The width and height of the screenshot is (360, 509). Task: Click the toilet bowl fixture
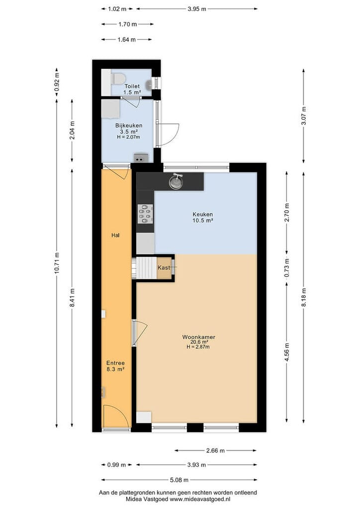pyautogui.click(x=118, y=78)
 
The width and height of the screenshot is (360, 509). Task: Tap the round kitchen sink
pyautogui.click(x=176, y=182)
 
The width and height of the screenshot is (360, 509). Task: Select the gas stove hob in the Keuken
pyautogui.click(x=145, y=214)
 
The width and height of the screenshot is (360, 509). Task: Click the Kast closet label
pyautogui.click(x=164, y=268)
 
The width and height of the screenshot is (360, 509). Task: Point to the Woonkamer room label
pyautogui.click(x=199, y=337)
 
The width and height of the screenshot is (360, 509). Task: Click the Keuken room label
pyautogui.click(x=202, y=214)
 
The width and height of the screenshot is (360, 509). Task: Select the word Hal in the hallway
pyautogui.click(x=115, y=235)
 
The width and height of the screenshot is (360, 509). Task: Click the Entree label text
pyautogui.click(x=115, y=363)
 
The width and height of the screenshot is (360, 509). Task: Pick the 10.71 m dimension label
pyautogui.click(x=57, y=263)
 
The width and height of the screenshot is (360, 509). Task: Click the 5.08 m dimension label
pyautogui.click(x=179, y=480)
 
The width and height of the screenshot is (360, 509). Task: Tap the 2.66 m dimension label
pyautogui.click(x=215, y=450)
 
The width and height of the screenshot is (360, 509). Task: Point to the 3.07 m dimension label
pyautogui.click(x=303, y=116)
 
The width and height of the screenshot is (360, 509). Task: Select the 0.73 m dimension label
pyautogui.click(x=286, y=268)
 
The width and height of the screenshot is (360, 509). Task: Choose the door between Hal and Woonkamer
pyautogui.click(x=140, y=331)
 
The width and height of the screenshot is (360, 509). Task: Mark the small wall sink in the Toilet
pyautogui.click(x=149, y=85)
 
